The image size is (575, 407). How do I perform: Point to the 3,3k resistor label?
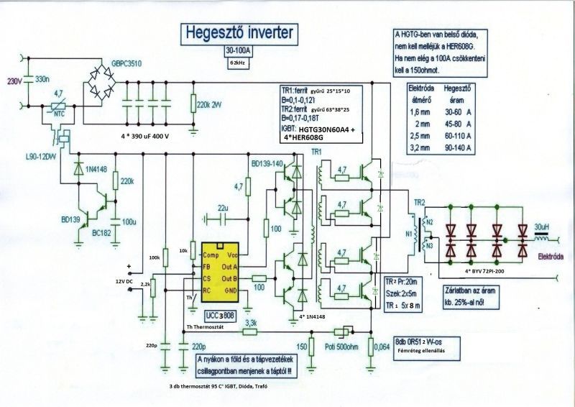(252, 324)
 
